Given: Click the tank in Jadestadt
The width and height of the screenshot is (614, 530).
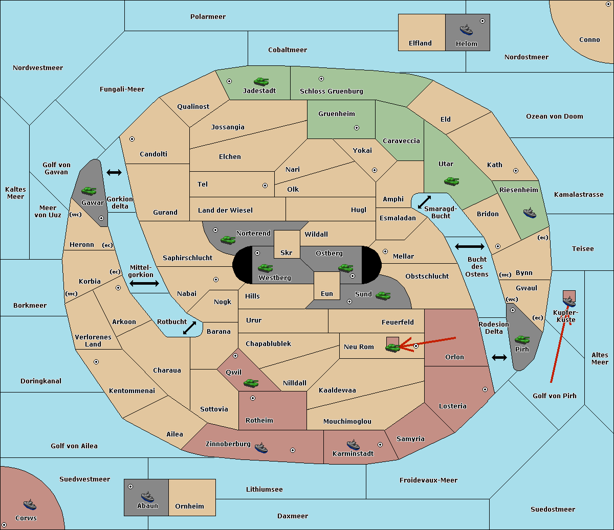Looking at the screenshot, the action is pyautogui.click(x=261, y=81).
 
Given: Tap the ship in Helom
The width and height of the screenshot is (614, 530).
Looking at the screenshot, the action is pyautogui.click(x=466, y=30).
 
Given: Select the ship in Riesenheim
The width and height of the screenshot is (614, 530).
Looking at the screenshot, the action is pyautogui.click(x=530, y=213).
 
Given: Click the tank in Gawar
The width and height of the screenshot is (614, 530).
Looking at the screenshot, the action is pyautogui.click(x=89, y=191).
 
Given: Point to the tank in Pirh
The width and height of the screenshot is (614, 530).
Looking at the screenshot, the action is pyautogui.click(x=522, y=339).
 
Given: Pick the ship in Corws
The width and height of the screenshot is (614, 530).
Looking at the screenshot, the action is pyautogui.click(x=30, y=504).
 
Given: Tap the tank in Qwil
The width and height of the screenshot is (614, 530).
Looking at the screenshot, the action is pyautogui.click(x=251, y=383).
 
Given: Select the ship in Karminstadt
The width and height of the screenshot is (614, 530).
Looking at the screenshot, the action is pyautogui.click(x=353, y=445).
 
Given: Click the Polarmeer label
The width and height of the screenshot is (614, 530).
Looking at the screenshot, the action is pyautogui.click(x=208, y=17).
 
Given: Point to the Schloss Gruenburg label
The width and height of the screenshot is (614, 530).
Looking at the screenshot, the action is pyautogui.click(x=331, y=91).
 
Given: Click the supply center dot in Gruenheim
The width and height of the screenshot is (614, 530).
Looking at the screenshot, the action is pyautogui.click(x=357, y=128).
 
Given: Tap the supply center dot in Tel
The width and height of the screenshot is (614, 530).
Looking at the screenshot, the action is pyautogui.click(x=265, y=186).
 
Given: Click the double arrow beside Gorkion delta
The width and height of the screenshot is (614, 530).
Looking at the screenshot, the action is pyautogui.click(x=114, y=172).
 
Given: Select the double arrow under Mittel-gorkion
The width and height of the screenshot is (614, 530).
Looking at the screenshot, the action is pyautogui.click(x=144, y=283).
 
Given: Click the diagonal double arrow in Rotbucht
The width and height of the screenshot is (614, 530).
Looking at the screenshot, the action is pyautogui.click(x=189, y=328).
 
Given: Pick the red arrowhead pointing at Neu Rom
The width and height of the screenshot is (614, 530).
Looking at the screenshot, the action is pyautogui.click(x=406, y=345).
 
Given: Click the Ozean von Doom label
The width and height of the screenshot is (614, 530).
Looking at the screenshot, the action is pyautogui.click(x=554, y=117).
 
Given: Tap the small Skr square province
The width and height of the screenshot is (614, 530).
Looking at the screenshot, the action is pyautogui.click(x=287, y=244).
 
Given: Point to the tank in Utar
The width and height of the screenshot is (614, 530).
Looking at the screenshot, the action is pyautogui.click(x=451, y=181).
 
